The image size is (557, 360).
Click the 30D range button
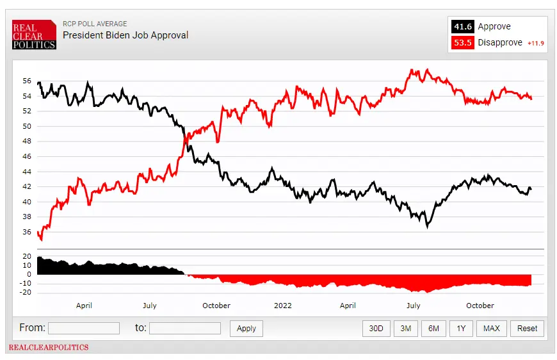pos(376,328)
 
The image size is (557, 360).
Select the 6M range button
pos(433,328)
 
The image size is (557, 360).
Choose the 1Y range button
pos(460,328)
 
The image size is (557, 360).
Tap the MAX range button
pos(491,328)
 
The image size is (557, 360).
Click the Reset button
pos(527,328)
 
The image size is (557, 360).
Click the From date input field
pos(84,328)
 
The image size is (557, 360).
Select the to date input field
pos(184,328)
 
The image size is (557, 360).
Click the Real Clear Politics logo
pos(35,34)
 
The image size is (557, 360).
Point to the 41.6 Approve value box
pos(463,26)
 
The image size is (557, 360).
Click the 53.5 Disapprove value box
pos(463,42)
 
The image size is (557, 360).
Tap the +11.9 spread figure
pos(535,43)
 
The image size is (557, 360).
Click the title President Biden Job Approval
pos(125,35)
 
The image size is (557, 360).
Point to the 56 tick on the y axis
pos(27,81)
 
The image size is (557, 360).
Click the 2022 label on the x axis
pos(282,306)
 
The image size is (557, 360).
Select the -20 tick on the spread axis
pos(26,293)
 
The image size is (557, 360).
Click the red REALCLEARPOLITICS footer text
pos(48,348)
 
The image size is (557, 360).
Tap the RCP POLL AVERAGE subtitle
pos(95,24)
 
